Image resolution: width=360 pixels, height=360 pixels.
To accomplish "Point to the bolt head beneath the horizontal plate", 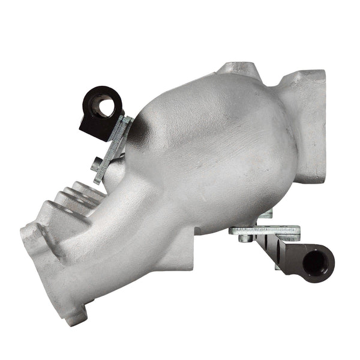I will coord(244,238).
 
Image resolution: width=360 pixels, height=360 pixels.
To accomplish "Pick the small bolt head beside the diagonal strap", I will coord(97,162).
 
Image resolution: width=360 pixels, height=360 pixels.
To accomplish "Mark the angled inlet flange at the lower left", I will coord(45,258).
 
